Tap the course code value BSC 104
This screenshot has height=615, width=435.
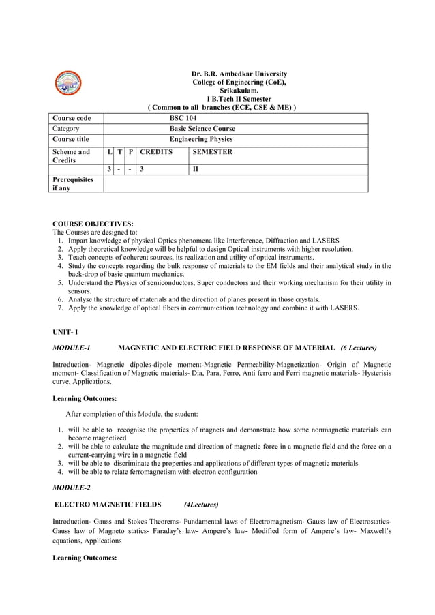[x=183, y=118]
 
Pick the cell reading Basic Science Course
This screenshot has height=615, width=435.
[x=202, y=128]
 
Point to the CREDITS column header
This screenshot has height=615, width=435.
[x=156, y=151]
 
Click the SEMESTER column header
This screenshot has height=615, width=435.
[x=213, y=151]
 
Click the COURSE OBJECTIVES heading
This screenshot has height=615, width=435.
[x=93, y=224]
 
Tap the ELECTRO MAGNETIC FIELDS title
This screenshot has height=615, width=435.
[x=108, y=505]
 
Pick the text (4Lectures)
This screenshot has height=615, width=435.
[x=201, y=505]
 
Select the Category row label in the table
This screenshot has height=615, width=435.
[x=66, y=128]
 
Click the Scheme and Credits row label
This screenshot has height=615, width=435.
[x=71, y=156]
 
